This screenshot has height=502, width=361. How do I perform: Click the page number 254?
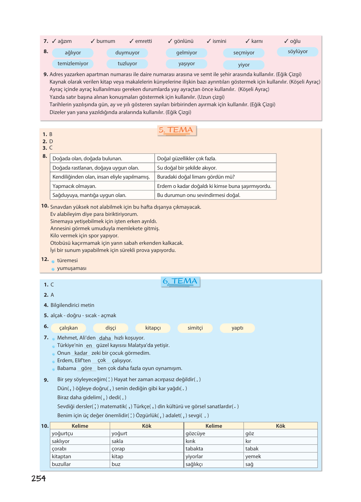click(x=38, y=478)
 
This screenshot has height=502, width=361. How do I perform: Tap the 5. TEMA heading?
click(x=177, y=130)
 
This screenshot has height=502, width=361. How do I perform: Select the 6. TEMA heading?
click(x=180, y=281)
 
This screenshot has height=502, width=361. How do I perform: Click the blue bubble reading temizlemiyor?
click(x=73, y=64)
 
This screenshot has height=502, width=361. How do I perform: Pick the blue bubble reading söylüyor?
click(x=297, y=52)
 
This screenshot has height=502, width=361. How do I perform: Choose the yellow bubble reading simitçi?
click(x=195, y=328)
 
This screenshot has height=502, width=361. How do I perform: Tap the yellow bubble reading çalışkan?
click(x=69, y=328)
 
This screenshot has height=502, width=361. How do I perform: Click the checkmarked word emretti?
click(x=143, y=41)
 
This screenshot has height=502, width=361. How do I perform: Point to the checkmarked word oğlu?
click(x=295, y=41)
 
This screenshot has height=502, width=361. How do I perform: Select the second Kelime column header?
click(x=214, y=426)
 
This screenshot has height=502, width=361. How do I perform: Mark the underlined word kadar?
click(x=81, y=353)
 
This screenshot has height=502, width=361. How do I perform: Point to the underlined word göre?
click(x=86, y=368)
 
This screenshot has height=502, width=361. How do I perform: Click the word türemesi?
click(x=67, y=261)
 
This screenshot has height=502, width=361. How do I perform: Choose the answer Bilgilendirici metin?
click(x=72, y=305)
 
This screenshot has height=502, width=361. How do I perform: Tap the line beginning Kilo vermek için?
click(x=84, y=236)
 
